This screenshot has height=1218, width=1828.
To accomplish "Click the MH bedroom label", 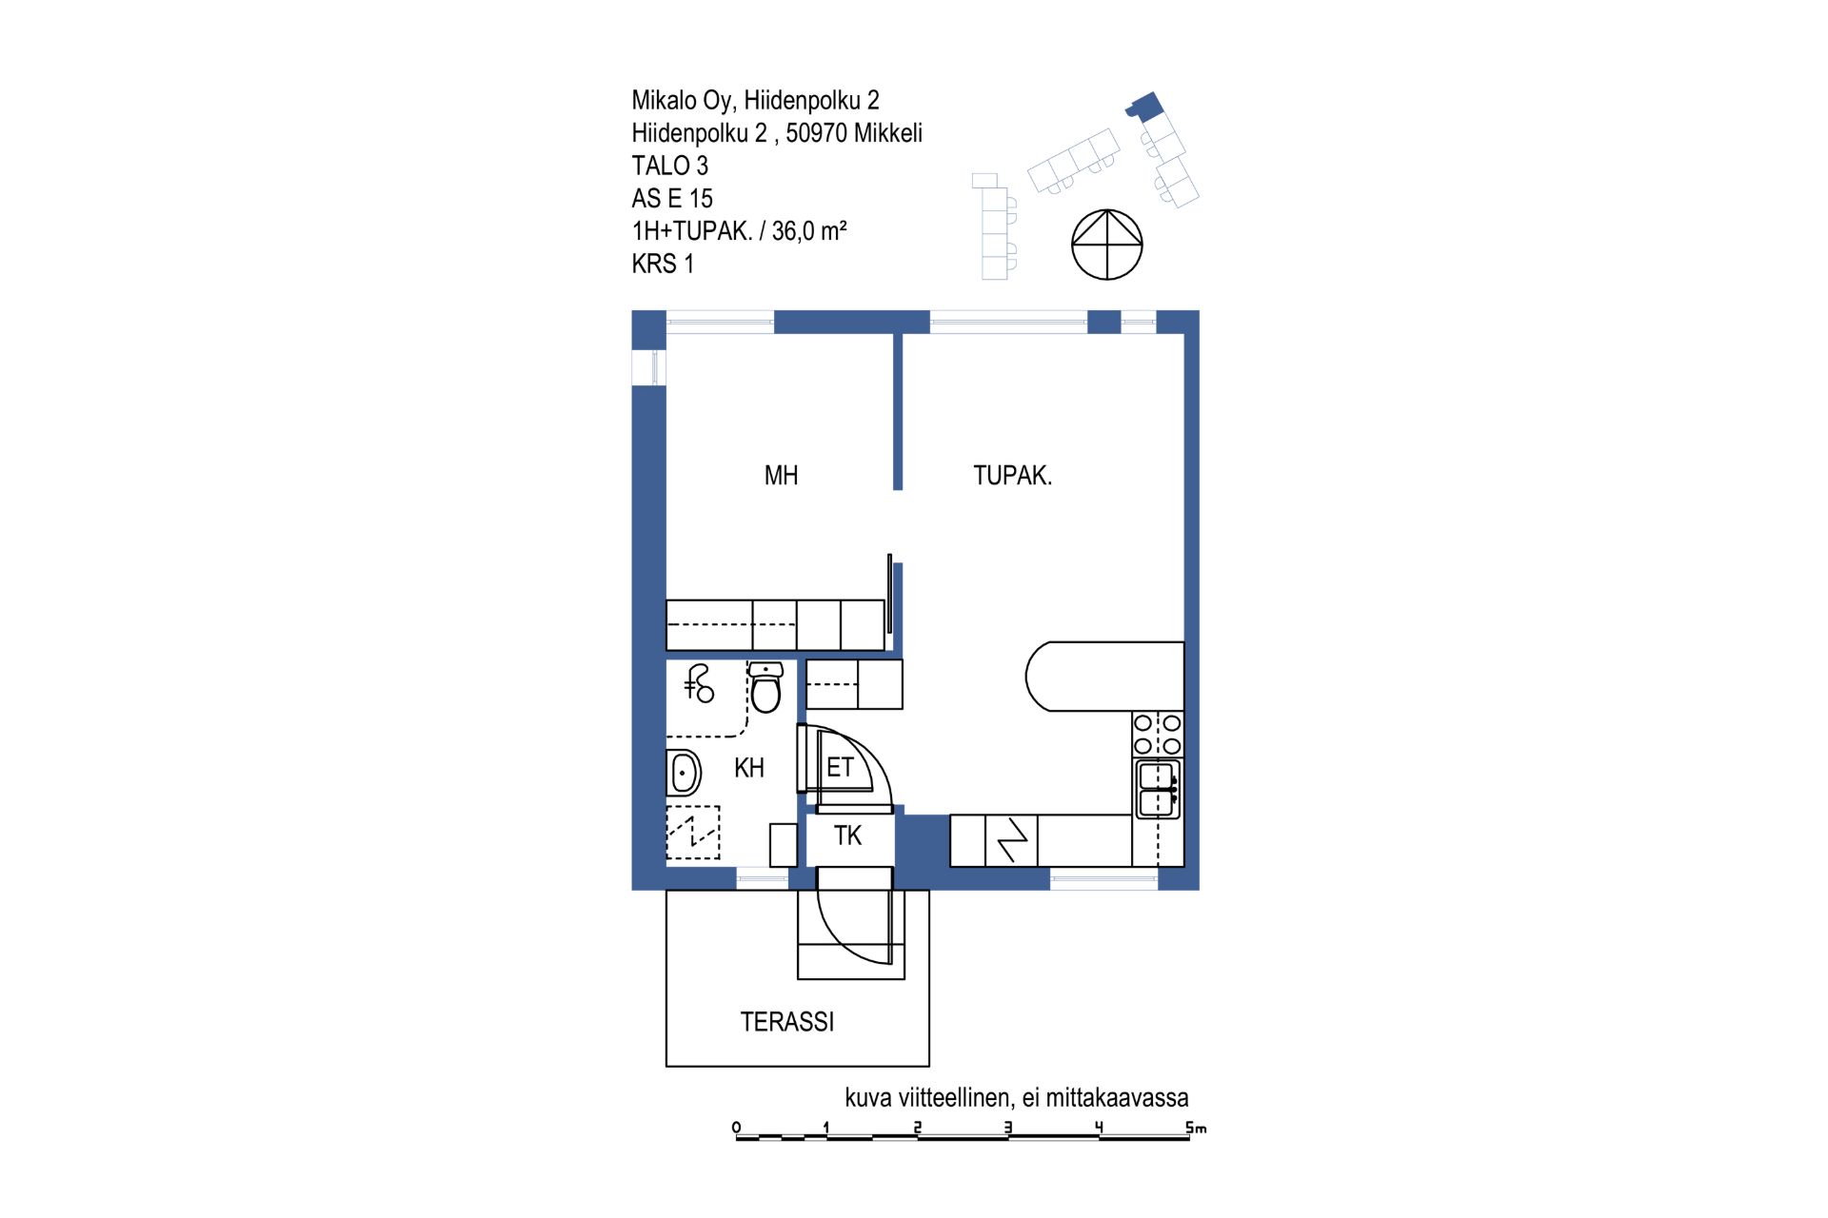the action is [781, 476].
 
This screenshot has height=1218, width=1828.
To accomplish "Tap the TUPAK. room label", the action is [1012, 476].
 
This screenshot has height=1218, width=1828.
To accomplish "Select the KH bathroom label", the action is [749, 768].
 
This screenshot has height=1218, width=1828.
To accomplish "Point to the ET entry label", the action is [840, 767].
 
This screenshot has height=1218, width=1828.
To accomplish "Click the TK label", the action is [847, 835].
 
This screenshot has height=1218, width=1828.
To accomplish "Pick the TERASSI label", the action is [787, 1022].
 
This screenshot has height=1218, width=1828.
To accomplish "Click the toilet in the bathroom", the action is [765, 687].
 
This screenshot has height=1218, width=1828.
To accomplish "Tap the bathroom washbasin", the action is [684, 772].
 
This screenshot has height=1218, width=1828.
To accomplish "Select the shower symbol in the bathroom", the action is [699, 683].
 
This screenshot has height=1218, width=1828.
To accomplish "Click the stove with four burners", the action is [1158, 735].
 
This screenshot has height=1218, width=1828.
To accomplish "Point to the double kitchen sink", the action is [1158, 789].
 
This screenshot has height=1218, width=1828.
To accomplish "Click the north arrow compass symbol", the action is [1107, 245].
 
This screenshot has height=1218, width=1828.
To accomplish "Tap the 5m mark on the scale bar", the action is [1196, 1128].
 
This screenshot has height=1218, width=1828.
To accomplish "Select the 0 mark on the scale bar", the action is [736, 1128].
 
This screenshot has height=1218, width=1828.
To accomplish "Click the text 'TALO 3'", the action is [670, 166].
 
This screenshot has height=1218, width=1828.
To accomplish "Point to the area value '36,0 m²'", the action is [809, 231].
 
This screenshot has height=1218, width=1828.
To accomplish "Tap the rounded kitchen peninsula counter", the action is [1104, 677].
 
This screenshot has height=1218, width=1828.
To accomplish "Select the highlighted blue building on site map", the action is [1144, 105].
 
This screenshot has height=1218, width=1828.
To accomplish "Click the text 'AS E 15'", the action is [672, 199].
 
